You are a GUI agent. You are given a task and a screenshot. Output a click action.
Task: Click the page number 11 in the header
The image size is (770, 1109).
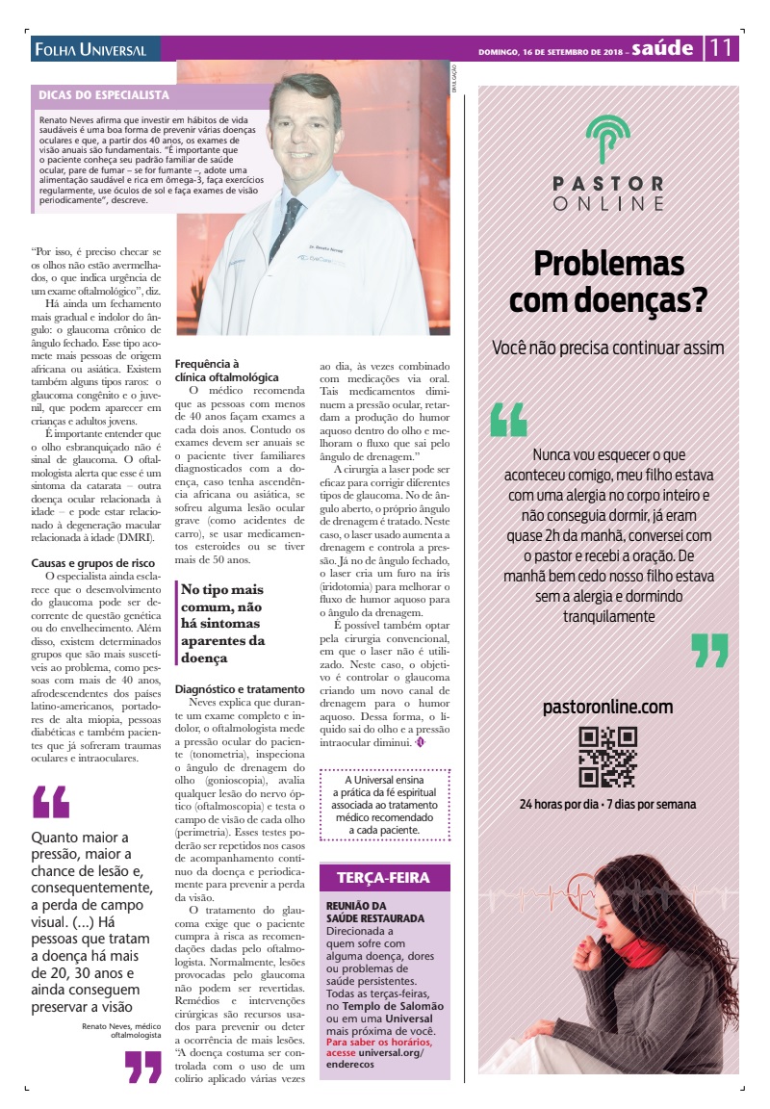tap(722, 47)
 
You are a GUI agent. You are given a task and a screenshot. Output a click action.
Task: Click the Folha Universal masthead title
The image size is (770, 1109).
tap(90, 49)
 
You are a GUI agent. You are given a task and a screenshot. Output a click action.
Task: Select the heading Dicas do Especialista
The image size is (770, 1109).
tap(104, 95)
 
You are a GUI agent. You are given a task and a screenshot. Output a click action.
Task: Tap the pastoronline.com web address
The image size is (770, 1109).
tap(607, 707)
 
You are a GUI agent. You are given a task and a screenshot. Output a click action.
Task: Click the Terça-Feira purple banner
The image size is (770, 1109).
tap(383, 877)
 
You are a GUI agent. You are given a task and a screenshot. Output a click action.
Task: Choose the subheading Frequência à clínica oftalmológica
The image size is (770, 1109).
tap(227, 371)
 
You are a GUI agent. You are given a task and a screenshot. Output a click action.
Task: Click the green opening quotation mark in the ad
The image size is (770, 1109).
tap(508, 420)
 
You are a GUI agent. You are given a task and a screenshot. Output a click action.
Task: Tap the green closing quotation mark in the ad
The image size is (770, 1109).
tap(709, 650)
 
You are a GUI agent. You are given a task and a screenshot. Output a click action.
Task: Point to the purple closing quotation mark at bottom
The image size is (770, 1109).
tap(143, 1066)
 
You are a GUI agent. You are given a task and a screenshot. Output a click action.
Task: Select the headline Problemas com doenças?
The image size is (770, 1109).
tap(608, 281)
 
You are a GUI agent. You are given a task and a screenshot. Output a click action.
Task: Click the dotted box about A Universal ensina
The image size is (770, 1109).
tap(383, 804)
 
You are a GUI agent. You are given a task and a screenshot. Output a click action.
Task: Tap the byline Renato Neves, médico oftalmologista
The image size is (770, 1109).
tap(121, 1030)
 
